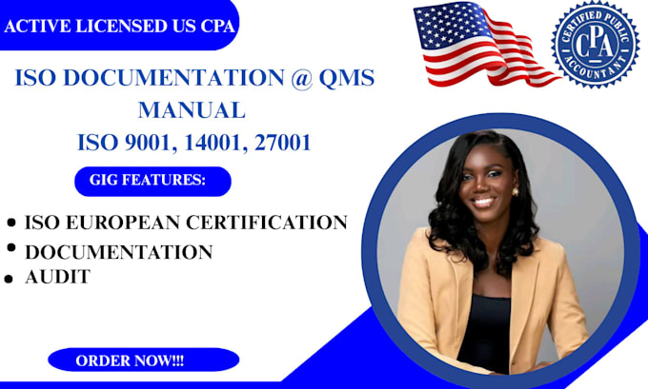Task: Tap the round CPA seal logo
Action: (595, 44)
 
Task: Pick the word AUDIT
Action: (57, 277)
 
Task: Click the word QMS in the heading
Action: (339, 79)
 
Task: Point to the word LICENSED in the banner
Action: (109, 26)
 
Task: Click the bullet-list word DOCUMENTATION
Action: (119, 251)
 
